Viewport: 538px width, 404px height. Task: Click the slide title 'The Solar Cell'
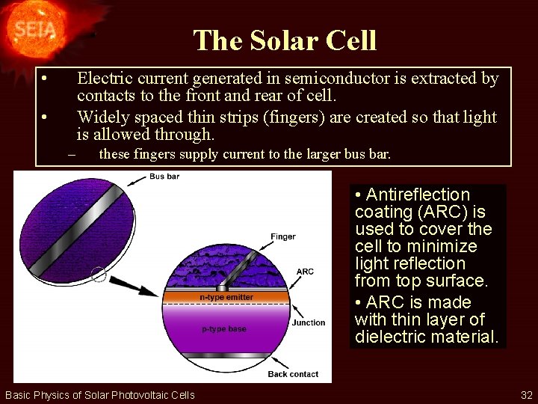tap(285, 40)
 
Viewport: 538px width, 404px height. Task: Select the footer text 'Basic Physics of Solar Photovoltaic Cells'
tap(100, 395)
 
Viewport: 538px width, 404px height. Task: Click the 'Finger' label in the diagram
tap(283, 236)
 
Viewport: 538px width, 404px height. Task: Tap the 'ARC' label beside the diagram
tap(305, 272)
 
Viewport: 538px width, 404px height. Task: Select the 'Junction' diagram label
tap(309, 322)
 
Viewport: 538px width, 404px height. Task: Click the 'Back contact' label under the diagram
tap(293, 373)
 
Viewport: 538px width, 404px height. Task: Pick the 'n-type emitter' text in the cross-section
tap(226, 297)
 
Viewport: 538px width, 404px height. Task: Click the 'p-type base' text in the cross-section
tap(224, 328)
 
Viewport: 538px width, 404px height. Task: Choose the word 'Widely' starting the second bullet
tap(102, 117)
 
